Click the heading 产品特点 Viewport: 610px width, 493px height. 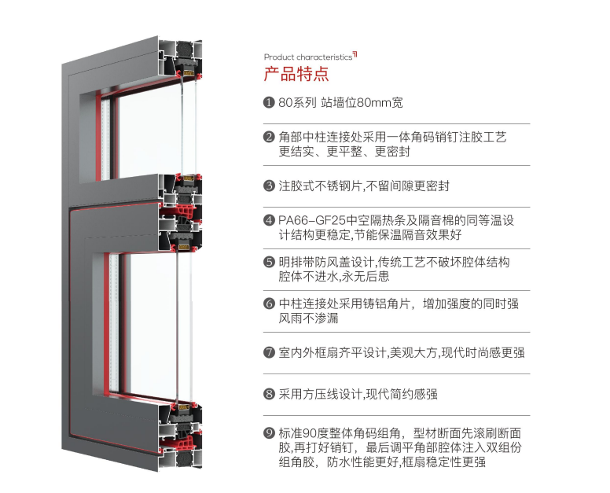pyautogui.click(x=296, y=75)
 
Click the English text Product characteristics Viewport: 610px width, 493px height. pyautogui.click(x=307, y=57)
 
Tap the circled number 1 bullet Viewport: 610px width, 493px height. pyautogui.click(x=269, y=102)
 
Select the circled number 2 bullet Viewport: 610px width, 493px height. pyautogui.click(x=269, y=137)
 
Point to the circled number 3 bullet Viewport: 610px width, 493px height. pyautogui.click(x=269, y=186)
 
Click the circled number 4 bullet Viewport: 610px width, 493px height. pyautogui.click(x=269, y=221)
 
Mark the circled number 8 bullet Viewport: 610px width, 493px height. pyautogui.click(x=269, y=394)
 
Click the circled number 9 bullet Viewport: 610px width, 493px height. pyautogui.click(x=269, y=433)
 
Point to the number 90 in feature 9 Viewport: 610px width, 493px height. pyautogui.click(x=318, y=433)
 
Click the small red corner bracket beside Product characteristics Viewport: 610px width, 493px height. pyautogui.click(x=355, y=53)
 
